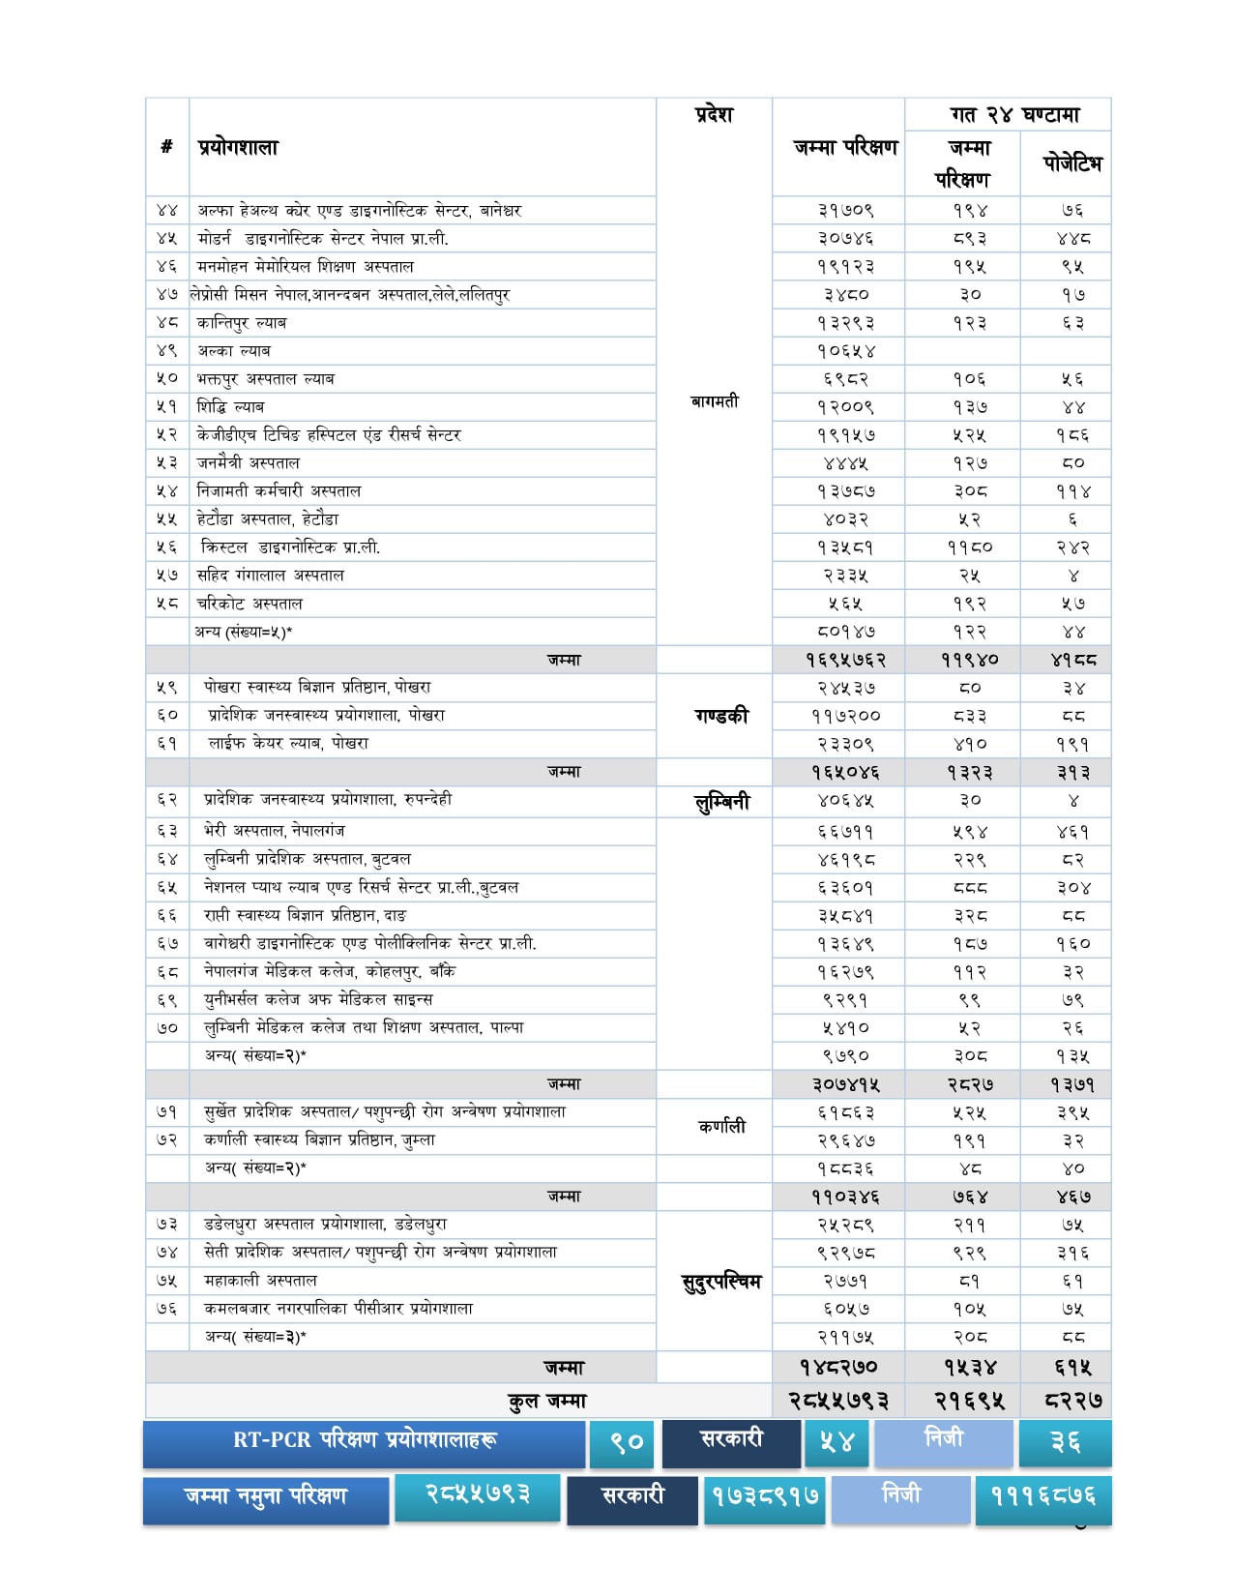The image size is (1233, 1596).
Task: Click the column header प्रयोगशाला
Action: coord(238,148)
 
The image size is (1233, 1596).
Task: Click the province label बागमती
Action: coord(714,401)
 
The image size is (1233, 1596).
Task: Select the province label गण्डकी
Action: coord(720,716)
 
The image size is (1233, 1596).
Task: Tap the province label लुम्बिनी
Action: coord(721,802)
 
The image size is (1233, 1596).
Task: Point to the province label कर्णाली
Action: coord(721,1127)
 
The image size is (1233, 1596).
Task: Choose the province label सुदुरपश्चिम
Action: coord(721,1283)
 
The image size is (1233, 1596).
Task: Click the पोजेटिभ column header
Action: coord(1072,163)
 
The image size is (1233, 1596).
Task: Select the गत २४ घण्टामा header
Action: coord(1014,115)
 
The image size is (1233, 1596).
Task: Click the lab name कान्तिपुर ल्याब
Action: coord(242,323)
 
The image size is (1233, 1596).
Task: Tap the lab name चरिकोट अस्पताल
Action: coord(250,604)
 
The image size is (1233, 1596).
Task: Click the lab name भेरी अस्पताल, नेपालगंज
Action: coord(274,831)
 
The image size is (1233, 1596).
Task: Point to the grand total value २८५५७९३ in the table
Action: coord(837,1401)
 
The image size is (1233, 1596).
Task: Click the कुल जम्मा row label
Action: coord(547,1401)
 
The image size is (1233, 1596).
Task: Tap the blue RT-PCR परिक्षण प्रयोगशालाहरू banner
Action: coord(365,1441)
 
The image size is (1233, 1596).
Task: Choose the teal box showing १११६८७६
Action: coord(1042,1497)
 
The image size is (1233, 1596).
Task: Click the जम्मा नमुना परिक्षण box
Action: coord(266,1497)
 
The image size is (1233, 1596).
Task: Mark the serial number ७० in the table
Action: coord(167,1028)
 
